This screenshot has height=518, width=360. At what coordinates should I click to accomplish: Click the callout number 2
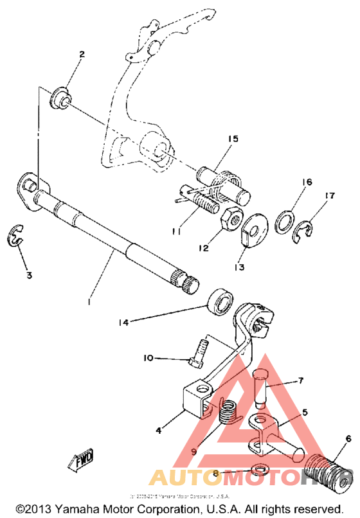click(82, 55)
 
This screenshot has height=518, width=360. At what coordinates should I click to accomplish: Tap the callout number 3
click(28, 276)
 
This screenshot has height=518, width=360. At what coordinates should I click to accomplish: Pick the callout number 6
click(348, 439)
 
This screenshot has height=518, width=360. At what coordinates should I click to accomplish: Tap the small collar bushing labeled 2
click(60, 96)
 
